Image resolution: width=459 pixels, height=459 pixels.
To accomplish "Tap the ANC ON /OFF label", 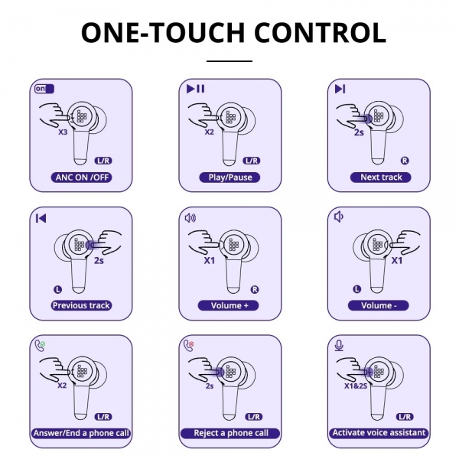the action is click(82, 177).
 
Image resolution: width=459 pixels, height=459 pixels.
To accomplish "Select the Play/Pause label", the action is click(229, 177).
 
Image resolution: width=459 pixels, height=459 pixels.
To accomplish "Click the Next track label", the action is click(381, 177).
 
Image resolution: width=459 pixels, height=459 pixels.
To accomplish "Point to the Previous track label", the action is click(81, 305).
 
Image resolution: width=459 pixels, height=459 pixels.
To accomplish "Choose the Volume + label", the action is click(229, 305).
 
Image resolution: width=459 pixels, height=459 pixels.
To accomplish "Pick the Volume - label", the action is click(379, 305).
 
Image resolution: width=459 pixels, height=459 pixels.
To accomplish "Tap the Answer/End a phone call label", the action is click(81, 433).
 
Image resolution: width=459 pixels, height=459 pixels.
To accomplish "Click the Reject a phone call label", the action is click(230, 433).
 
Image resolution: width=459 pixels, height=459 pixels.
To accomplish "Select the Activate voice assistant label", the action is click(379, 433).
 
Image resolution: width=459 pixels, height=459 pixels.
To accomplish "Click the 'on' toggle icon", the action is click(44, 89).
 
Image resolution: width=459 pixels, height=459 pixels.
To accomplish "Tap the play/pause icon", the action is click(196, 89).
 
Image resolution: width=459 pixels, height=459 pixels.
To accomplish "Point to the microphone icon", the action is click(339, 346).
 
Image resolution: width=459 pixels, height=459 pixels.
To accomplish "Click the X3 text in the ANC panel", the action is click(63, 132).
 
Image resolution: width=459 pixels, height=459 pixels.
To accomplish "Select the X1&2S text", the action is click(356, 386).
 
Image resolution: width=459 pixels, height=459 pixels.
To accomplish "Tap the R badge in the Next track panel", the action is click(405, 161).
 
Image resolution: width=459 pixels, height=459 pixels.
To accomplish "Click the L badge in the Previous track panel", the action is click(58, 290).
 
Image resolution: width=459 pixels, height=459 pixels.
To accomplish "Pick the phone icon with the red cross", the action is click(189, 346).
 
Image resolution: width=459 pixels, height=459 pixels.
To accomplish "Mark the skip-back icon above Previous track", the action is click(41, 218).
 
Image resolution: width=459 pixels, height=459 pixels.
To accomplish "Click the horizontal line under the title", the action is click(229, 61).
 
